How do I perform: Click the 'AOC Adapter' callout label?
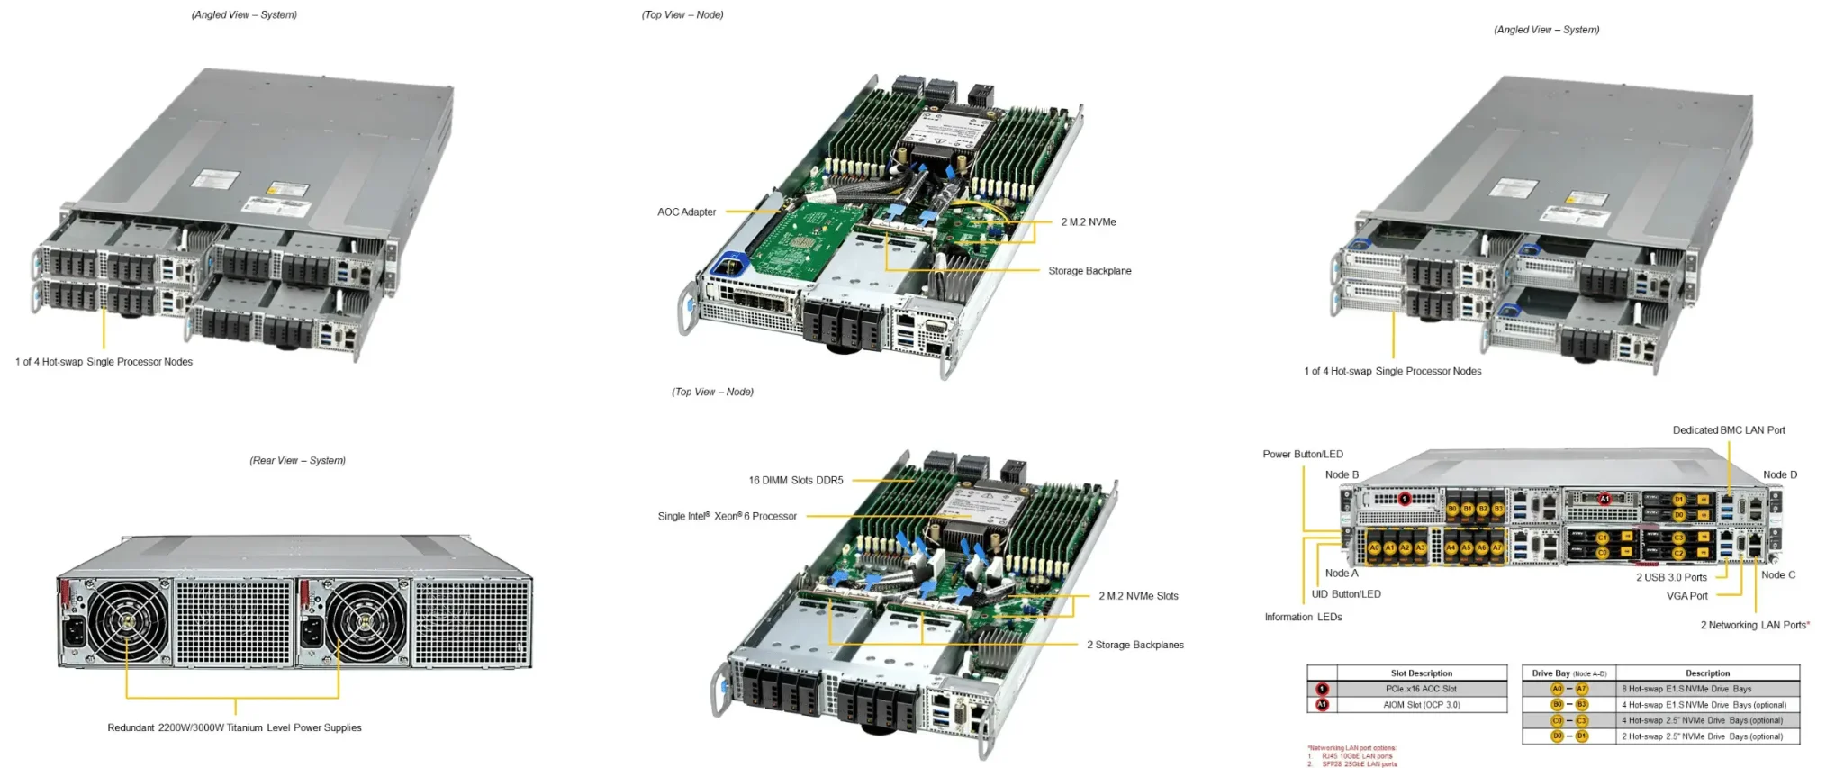click(686, 212)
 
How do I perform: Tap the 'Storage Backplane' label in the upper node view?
click(1089, 271)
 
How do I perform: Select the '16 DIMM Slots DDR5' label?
click(796, 481)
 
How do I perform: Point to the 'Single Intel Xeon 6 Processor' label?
click(727, 517)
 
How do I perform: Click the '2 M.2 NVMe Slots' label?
click(1138, 596)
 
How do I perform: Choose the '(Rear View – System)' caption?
click(297, 461)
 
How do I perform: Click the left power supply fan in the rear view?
click(127, 621)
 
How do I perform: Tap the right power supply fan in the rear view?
click(366, 621)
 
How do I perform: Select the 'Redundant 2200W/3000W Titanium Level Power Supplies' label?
click(234, 728)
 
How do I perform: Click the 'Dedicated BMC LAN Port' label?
click(1729, 430)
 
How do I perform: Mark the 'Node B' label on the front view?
click(1342, 475)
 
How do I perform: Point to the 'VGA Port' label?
click(1686, 596)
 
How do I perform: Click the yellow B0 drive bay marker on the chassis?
click(1452, 510)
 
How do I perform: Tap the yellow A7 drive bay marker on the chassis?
click(1496, 547)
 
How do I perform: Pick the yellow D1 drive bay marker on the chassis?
click(1678, 500)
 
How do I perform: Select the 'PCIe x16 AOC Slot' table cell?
click(1421, 689)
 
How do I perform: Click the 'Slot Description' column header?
click(1421, 673)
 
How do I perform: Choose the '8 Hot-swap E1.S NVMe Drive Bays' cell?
click(1686, 689)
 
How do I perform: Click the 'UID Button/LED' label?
click(1346, 594)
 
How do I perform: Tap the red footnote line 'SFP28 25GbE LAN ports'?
click(1359, 764)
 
